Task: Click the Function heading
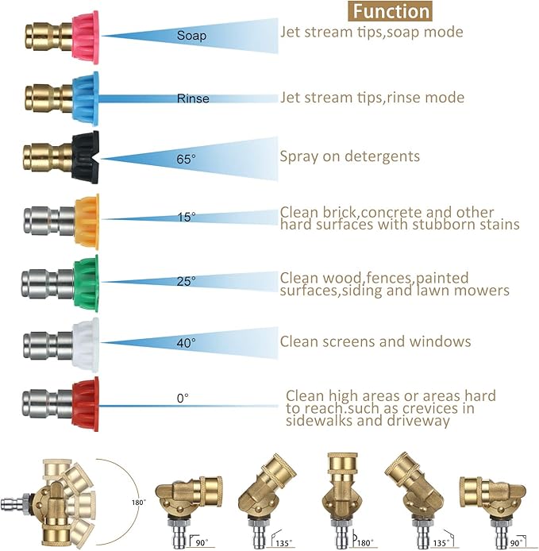pyautogui.click(x=391, y=11)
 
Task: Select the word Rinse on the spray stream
pyautogui.click(x=193, y=98)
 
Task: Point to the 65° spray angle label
pyautogui.click(x=186, y=159)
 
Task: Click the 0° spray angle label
pyautogui.click(x=183, y=399)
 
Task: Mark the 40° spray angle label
pyautogui.click(x=186, y=342)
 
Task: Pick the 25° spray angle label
pyautogui.click(x=186, y=280)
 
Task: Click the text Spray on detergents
pyautogui.click(x=349, y=156)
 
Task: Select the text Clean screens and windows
pyautogui.click(x=375, y=341)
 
